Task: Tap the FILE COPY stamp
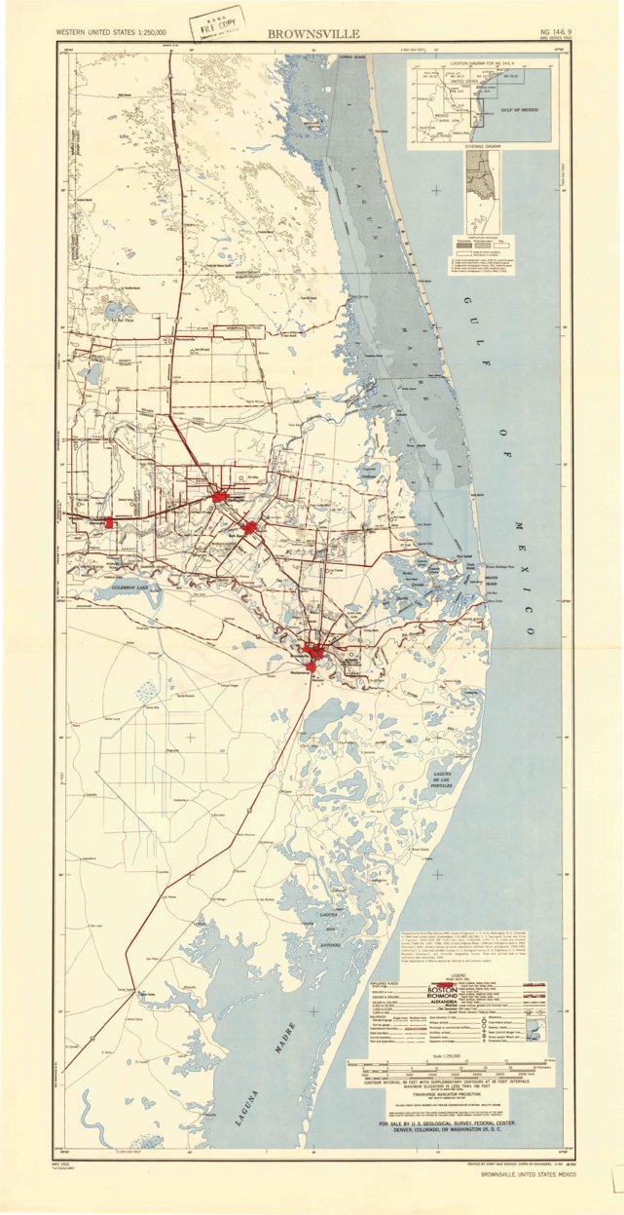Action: pyautogui.click(x=218, y=21)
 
